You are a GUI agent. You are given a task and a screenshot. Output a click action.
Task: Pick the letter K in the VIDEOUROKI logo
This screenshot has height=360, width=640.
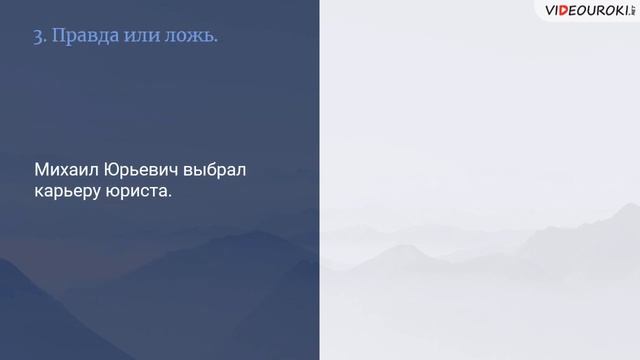609,11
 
